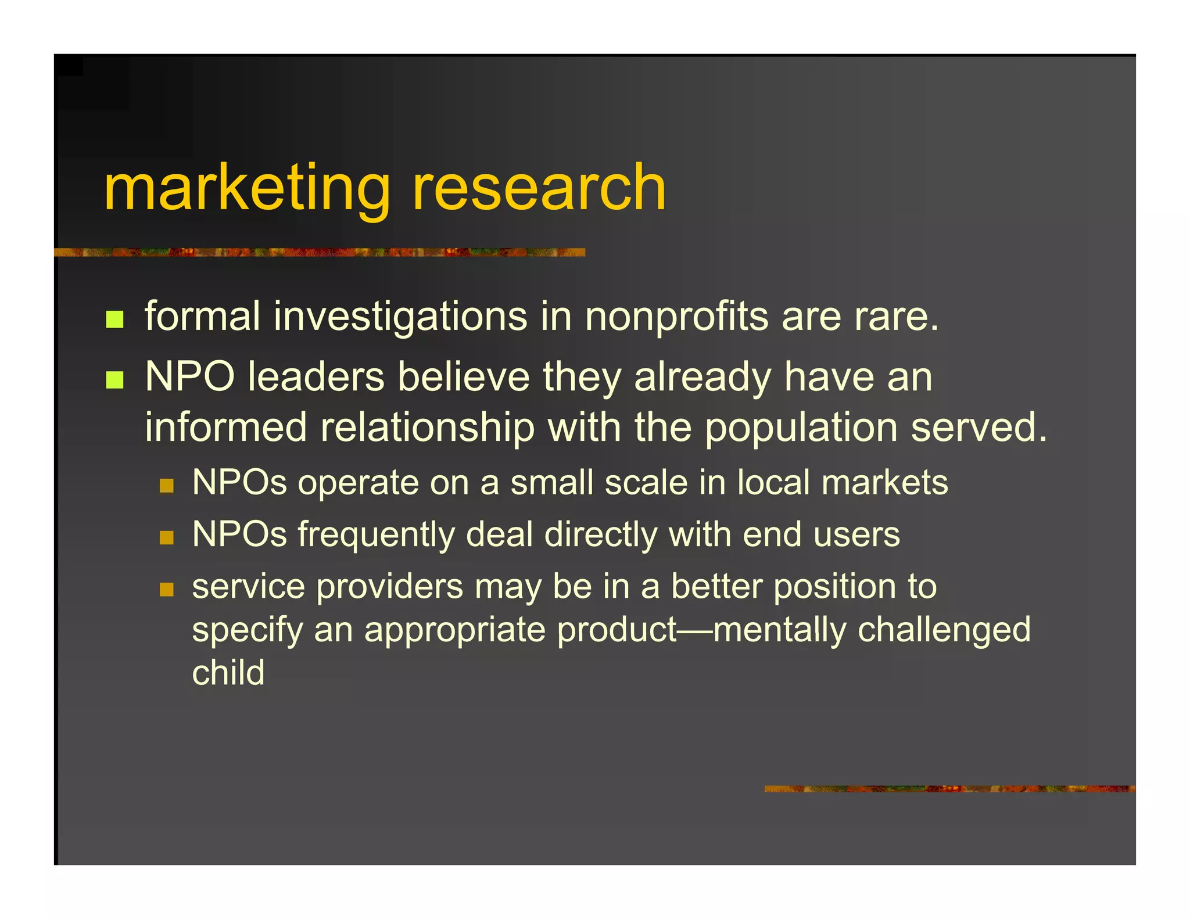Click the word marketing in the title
[247, 189]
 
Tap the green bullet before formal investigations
[114, 319]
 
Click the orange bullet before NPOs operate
[167, 486]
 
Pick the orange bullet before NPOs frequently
[167, 537]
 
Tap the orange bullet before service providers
[167, 590]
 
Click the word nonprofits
[676, 317]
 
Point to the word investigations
[400, 317]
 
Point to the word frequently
[376, 535]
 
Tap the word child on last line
[228, 673]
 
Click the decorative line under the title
[320, 252]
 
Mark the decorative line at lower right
[949, 789]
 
